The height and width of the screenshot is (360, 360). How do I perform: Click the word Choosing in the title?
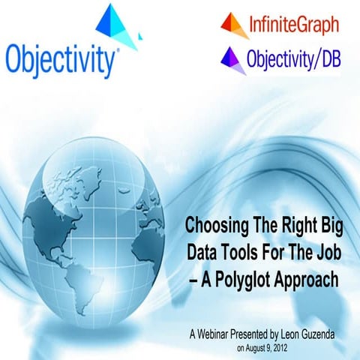coord(214,223)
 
